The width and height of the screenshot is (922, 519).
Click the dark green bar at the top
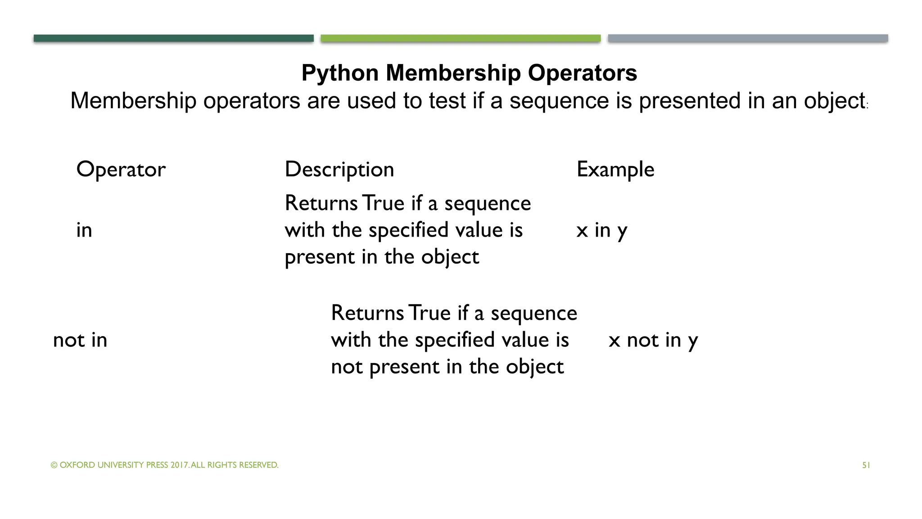point(173,38)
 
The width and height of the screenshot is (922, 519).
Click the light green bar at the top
point(461,38)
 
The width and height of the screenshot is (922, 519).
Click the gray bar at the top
point(748,38)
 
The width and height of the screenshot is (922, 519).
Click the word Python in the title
point(340,73)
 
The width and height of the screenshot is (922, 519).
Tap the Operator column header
point(121,170)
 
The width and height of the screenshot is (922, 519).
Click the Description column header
point(339,170)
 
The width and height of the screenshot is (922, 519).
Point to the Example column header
point(615,170)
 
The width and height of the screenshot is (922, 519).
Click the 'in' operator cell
point(84,230)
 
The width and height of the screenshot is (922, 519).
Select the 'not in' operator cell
point(80,340)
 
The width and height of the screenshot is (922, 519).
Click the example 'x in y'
point(601,231)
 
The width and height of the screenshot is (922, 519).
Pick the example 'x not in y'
point(653,341)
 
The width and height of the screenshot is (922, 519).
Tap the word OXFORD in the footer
point(77,465)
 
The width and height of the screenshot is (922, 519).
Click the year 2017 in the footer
point(180,465)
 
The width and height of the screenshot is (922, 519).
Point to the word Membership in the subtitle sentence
point(133,100)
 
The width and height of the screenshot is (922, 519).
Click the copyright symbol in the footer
point(54,465)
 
